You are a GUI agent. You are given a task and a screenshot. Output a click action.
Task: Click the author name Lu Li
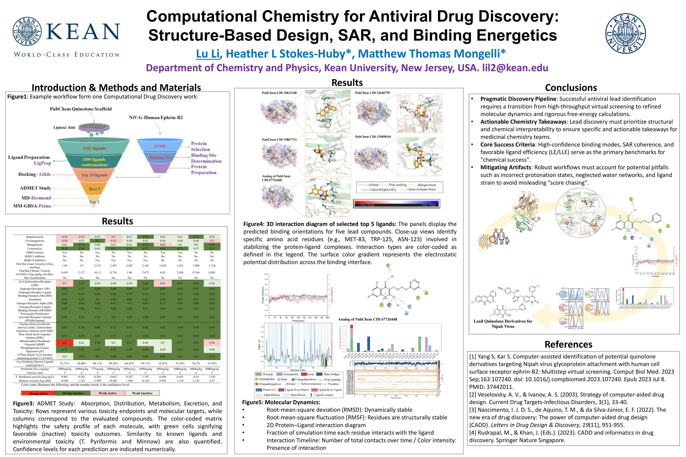(207, 54)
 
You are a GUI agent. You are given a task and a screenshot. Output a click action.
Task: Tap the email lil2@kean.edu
(515, 68)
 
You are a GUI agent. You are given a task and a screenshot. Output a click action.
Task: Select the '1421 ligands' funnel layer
(94, 148)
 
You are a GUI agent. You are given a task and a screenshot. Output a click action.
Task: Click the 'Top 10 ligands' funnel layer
(94, 175)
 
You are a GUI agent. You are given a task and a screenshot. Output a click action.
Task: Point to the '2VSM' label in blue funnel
(159, 146)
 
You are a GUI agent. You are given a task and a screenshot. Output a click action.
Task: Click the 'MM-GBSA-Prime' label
(32, 206)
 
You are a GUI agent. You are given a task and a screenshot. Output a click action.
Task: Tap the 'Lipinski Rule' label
(64, 127)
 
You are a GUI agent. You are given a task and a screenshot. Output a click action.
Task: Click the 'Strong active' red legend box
(38, 393)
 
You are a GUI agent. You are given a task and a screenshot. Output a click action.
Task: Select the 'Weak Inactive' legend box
(142, 393)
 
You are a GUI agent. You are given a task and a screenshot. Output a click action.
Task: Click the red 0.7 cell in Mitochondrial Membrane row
(64, 343)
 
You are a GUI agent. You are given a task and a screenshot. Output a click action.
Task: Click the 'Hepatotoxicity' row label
(34, 237)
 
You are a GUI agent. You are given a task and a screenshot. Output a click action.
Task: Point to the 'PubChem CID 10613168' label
(279, 93)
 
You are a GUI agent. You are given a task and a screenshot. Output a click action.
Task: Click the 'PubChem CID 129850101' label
(373, 137)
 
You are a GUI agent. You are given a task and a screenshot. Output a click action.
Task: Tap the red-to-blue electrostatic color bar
(396, 203)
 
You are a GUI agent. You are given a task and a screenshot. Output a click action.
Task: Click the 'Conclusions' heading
(570, 87)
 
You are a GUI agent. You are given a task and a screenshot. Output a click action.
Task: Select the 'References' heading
(568, 344)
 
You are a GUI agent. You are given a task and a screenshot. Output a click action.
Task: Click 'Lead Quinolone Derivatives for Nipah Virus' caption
(502, 323)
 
